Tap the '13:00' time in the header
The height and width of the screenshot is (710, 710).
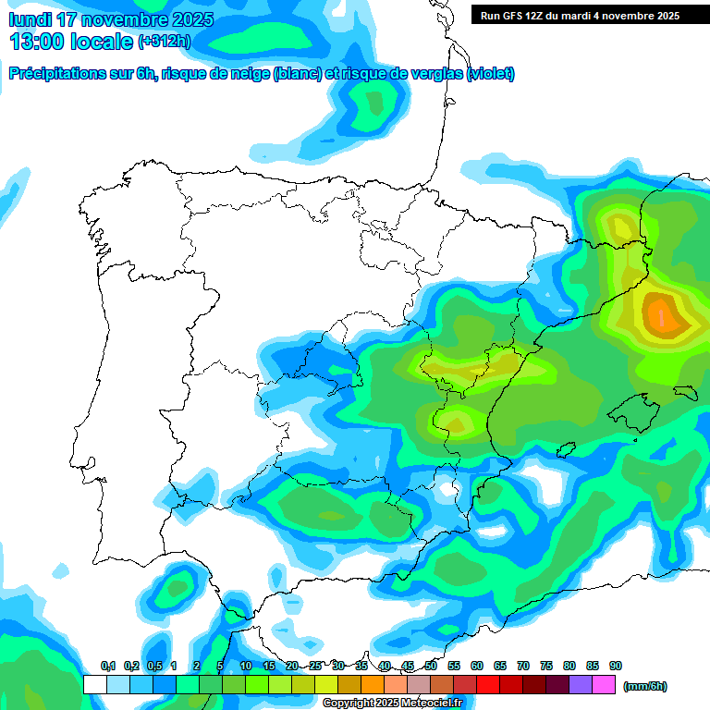tap(38, 42)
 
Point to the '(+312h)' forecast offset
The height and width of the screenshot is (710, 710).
tap(164, 42)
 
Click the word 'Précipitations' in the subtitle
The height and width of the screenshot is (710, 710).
tap(55, 74)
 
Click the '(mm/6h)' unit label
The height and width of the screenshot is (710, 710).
tap(645, 686)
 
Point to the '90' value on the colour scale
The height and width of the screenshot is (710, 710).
tap(615, 666)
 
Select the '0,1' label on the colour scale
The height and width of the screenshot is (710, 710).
tap(107, 666)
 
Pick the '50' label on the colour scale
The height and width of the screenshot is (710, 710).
tap(431, 666)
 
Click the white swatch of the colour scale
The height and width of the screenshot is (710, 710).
tap(94, 684)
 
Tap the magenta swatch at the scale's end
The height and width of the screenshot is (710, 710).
tap(604, 684)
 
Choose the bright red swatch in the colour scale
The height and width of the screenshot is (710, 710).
tap(488, 684)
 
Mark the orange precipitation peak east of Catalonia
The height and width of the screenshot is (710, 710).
tap(660, 313)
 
